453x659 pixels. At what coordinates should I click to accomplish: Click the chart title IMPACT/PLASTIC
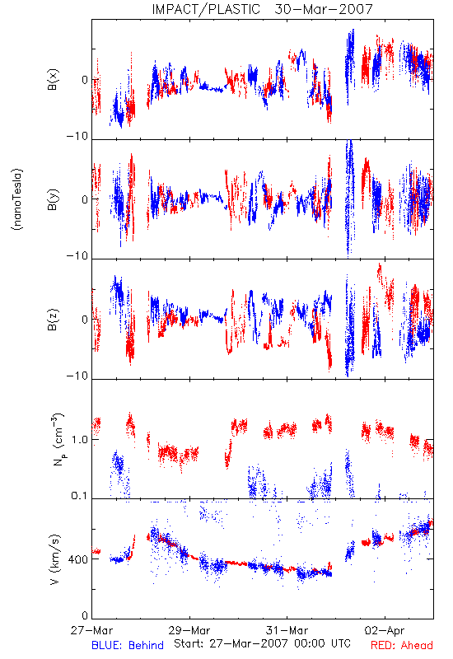pos(206,9)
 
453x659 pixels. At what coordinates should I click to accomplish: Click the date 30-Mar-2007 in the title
pos(324,9)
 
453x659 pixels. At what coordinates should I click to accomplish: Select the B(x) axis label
pos(53,79)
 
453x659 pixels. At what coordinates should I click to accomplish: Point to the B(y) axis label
pos(53,199)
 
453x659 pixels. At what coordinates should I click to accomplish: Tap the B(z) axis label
pos(53,320)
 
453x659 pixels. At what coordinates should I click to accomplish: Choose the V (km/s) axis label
pos(55,559)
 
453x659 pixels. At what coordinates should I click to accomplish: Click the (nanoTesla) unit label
pos(17,199)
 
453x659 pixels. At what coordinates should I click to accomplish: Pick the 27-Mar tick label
pos(91,630)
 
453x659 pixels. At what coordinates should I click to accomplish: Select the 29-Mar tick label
pos(189,630)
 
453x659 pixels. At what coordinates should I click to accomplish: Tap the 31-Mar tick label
pos(287,630)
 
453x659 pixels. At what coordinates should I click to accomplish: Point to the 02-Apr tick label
pos(385,630)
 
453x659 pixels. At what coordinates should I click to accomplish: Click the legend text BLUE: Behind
pos(128,645)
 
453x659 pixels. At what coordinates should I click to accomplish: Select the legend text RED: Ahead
pos(402,645)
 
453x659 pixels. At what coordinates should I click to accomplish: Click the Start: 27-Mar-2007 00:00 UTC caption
pos(262,643)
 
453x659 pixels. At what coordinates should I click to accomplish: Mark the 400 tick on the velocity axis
pos(78,560)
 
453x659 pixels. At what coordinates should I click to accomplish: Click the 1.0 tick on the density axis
pos(79,440)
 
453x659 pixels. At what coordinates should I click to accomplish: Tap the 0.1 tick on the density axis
pos(79,496)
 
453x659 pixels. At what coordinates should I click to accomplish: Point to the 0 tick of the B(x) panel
pos(85,79)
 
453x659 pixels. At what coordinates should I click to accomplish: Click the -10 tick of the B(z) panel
pos(77,376)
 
